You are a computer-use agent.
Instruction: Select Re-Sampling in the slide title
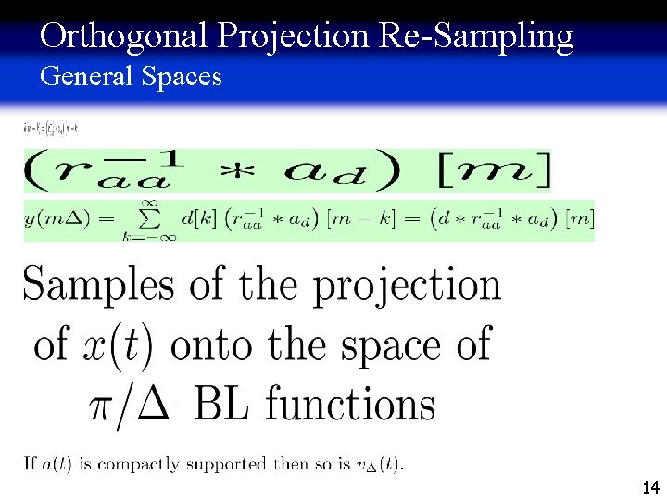[476, 36]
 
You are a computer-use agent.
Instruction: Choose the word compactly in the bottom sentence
[140, 464]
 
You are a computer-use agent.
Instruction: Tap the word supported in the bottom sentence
[229, 464]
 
